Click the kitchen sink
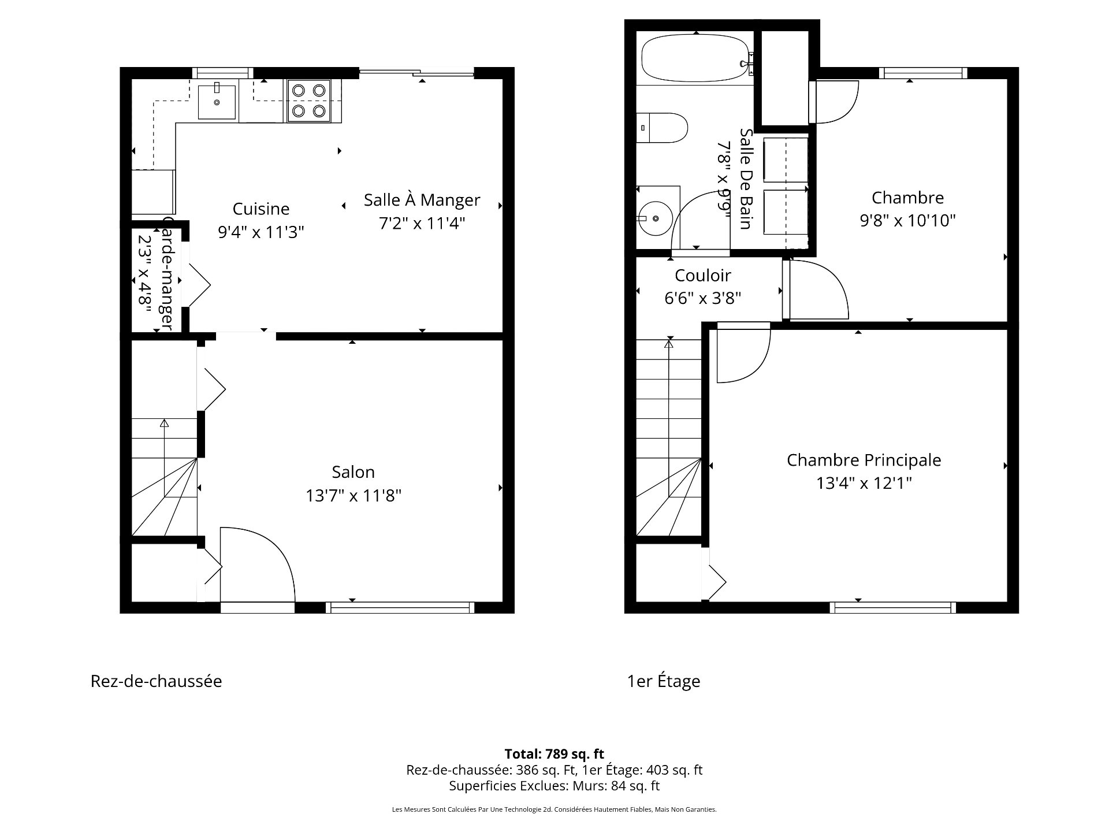click(x=217, y=102)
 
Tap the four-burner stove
click(x=308, y=101)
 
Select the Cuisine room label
click(x=261, y=209)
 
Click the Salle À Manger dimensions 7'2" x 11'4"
click(x=422, y=223)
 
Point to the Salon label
click(x=353, y=472)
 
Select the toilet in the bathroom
click(x=664, y=128)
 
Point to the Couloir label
click(x=702, y=275)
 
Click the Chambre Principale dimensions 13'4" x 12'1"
click(x=864, y=483)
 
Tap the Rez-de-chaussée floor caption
click(x=156, y=681)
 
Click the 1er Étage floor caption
click(x=664, y=681)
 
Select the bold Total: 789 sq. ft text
click(x=554, y=753)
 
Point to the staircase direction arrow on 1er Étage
click(x=669, y=344)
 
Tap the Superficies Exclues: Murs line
click(x=554, y=786)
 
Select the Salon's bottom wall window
click(x=400, y=607)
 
